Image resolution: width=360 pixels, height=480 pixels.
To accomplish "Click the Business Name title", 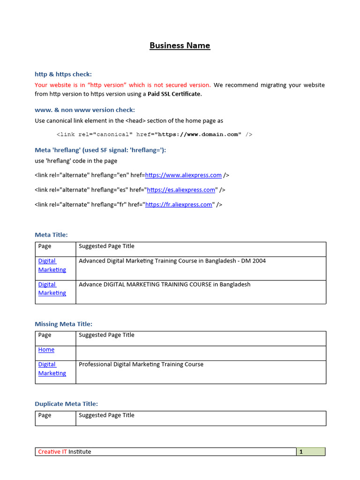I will (180, 45).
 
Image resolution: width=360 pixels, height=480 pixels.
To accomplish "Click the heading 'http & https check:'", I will (63, 74).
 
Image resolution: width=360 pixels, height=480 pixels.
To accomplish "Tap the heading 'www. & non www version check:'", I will (85, 110).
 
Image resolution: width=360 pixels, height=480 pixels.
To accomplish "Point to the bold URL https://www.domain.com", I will (199, 135).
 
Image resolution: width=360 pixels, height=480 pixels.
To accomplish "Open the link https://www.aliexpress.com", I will (183, 175).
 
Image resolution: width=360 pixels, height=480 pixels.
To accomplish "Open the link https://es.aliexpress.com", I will (181, 190).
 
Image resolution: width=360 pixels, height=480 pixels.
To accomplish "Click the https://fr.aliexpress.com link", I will (179, 204).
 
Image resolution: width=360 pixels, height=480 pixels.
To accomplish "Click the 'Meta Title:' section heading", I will (51, 234).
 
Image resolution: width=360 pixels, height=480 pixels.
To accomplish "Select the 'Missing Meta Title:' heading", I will (63, 324).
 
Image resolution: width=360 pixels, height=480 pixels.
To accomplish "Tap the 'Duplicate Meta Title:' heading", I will (66, 404).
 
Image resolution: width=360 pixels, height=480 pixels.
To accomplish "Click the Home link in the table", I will (46, 350).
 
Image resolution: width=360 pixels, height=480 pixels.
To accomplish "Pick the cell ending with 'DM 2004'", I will (172, 261).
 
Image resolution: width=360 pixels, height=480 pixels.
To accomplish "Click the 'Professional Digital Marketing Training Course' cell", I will (141, 365).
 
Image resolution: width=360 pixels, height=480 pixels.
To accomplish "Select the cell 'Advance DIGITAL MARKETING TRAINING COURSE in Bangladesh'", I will (165, 285).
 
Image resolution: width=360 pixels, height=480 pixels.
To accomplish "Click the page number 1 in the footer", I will (301, 452).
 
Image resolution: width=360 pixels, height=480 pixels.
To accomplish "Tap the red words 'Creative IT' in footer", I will (52, 452).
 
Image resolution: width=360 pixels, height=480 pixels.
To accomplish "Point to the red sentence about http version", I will (123, 85).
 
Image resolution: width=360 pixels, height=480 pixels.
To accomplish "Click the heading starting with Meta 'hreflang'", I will (100, 150).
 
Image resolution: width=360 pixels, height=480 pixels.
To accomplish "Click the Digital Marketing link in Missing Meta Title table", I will (52, 369).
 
